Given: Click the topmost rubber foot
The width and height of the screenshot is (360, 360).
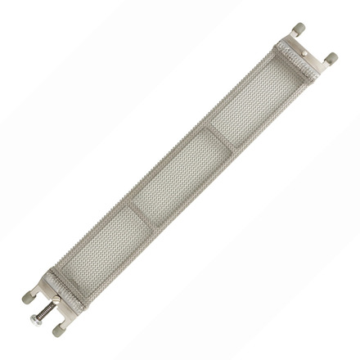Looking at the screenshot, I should pyautogui.click(x=299, y=29).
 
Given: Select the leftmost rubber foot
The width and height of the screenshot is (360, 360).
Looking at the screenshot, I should pyautogui.click(x=27, y=298).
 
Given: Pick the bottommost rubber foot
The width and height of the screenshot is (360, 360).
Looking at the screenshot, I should pyautogui.click(x=58, y=331).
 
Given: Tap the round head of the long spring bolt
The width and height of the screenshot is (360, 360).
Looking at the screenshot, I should pyautogui.click(x=34, y=321).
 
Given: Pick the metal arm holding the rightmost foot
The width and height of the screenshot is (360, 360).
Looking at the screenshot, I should pyautogui.click(x=322, y=65).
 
